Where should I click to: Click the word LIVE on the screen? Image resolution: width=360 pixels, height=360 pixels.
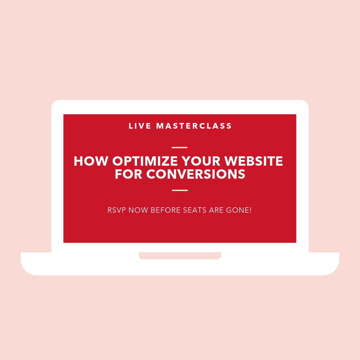click(140, 126)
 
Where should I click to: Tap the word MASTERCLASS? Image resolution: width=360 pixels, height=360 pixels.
click(194, 126)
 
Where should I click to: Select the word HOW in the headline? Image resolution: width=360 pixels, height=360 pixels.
click(91, 161)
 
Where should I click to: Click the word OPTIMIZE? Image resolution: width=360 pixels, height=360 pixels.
click(145, 161)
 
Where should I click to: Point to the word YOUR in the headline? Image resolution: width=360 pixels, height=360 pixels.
click(201, 161)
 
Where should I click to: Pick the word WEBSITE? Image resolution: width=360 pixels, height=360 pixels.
click(253, 161)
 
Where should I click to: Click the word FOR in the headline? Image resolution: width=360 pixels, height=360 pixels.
click(129, 174)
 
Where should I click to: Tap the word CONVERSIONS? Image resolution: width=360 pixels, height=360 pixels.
click(196, 174)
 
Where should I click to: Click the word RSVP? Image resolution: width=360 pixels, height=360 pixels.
click(117, 210)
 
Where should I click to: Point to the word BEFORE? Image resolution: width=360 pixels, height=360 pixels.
click(166, 210)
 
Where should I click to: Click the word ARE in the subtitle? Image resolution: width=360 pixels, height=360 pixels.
click(216, 210)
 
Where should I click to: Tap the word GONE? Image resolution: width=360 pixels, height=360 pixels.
click(239, 210)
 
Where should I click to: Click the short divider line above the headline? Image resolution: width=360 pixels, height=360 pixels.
click(180, 147)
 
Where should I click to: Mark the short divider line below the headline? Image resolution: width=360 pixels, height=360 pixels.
click(180, 190)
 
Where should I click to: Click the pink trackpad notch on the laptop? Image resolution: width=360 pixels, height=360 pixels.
click(180, 256)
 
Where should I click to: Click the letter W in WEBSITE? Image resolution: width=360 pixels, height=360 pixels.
click(231, 161)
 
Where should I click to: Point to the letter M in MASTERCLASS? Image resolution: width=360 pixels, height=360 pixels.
click(160, 126)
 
